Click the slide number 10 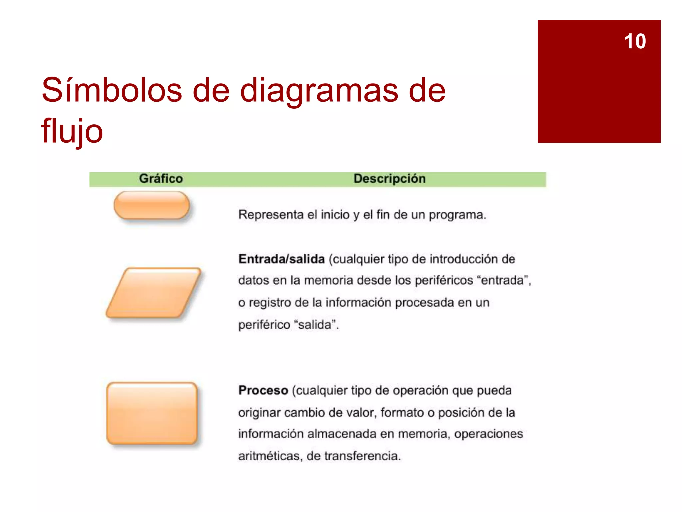tap(635, 41)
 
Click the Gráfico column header tap(161, 179)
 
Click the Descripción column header tap(389, 179)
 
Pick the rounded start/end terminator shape tap(152, 205)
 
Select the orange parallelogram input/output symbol tap(153, 292)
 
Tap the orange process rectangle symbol tap(152, 413)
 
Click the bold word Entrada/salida tap(281, 259)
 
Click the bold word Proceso tap(263, 390)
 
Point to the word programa tap(457, 215)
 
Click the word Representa tap(271, 215)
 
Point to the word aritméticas tap(270, 456)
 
